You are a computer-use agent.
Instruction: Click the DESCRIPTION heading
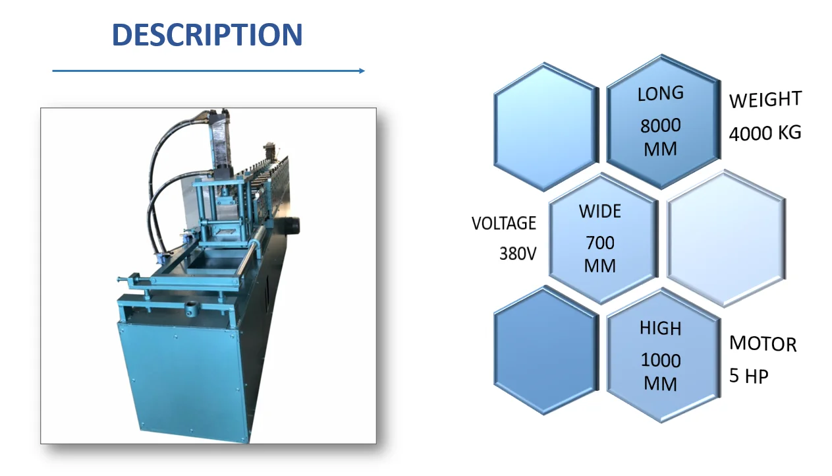pyautogui.click(x=207, y=35)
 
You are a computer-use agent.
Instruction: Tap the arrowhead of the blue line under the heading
pyautogui.click(x=362, y=71)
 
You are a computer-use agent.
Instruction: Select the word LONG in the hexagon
pyautogui.click(x=660, y=94)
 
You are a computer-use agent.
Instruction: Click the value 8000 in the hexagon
pyautogui.click(x=660, y=125)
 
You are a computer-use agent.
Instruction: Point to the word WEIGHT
pyautogui.click(x=765, y=100)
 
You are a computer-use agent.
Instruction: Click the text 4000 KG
pyautogui.click(x=765, y=133)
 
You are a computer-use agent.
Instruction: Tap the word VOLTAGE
pyautogui.click(x=503, y=223)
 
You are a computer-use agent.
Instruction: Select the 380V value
pyautogui.click(x=517, y=253)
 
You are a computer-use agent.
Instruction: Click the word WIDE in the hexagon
pyautogui.click(x=599, y=212)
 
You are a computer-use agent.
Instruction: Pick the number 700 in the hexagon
pyautogui.click(x=599, y=243)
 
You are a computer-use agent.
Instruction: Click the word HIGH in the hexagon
pyautogui.click(x=660, y=328)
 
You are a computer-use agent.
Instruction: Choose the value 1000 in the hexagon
pyautogui.click(x=660, y=361)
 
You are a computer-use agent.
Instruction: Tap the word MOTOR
pyautogui.click(x=762, y=343)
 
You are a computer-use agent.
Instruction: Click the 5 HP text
pyautogui.click(x=748, y=376)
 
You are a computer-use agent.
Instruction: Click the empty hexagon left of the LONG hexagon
pyautogui.click(x=546, y=127)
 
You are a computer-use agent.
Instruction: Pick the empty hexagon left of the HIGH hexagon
pyautogui.click(x=546, y=351)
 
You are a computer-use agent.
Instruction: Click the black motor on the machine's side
pyautogui.click(x=290, y=224)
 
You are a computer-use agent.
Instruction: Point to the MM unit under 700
pyautogui.click(x=599, y=266)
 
